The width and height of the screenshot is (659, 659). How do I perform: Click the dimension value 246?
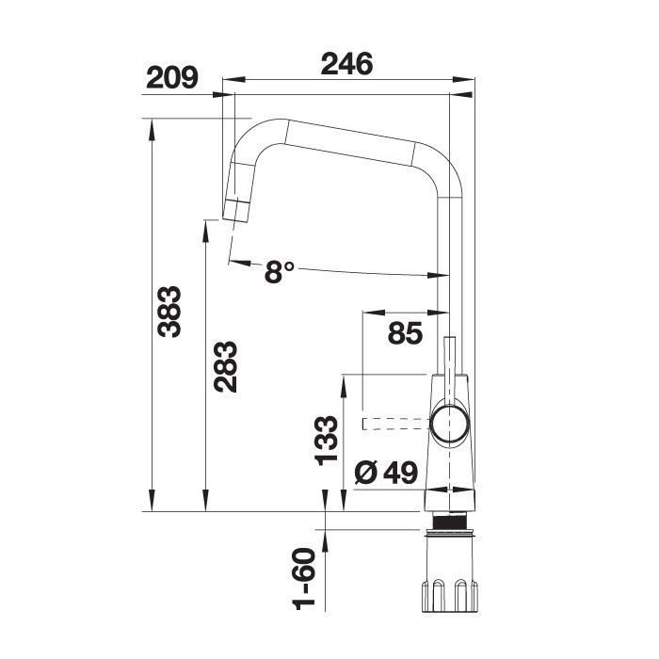pyautogui.click(x=347, y=64)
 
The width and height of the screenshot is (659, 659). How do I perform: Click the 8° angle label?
pyautogui.click(x=280, y=272)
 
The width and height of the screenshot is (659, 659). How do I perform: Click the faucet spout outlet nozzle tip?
pyautogui.click(x=235, y=211)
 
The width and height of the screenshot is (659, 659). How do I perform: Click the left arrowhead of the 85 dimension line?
pyautogui.click(x=368, y=313)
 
